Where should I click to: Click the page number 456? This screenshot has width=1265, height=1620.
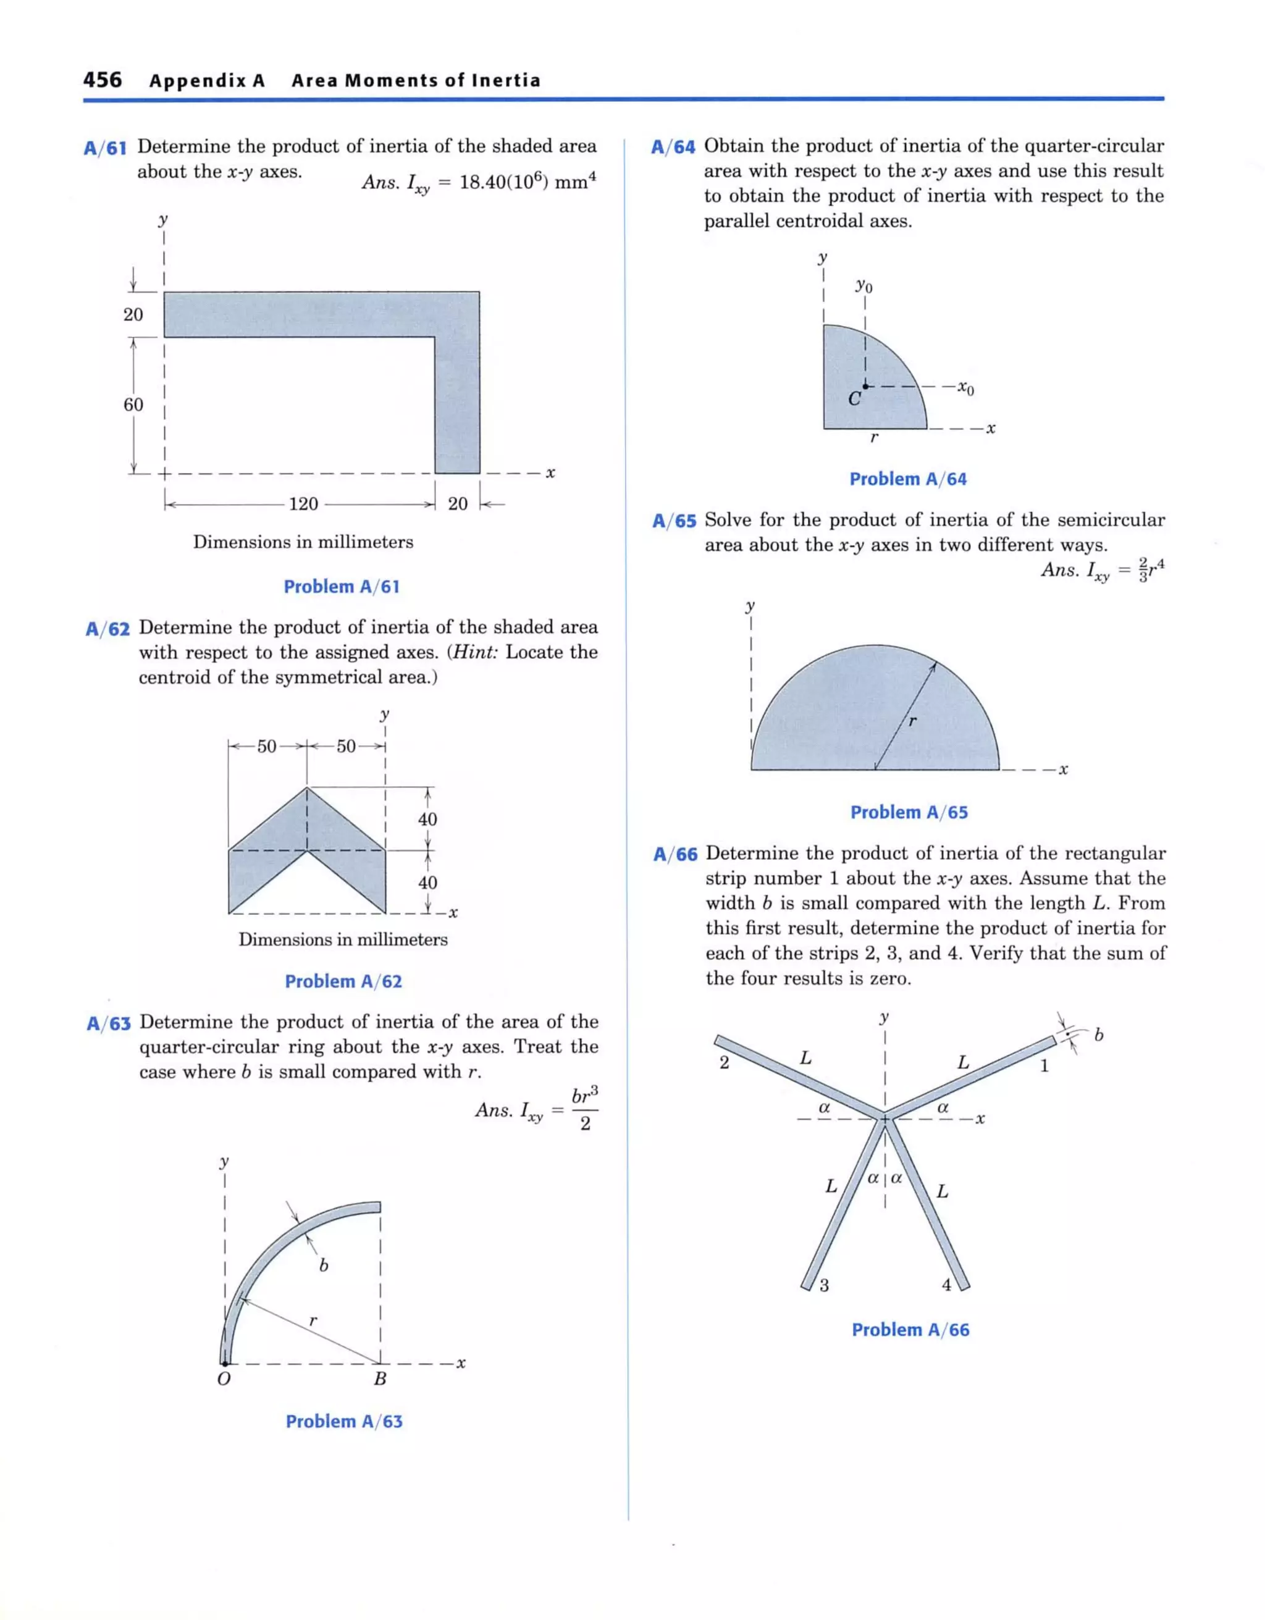(x=103, y=80)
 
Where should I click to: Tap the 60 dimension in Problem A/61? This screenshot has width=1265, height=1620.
(x=133, y=405)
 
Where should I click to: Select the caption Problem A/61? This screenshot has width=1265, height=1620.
(x=342, y=587)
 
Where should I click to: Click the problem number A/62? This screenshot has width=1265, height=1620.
(x=107, y=629)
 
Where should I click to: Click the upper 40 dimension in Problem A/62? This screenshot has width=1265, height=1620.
(x=427, y=819)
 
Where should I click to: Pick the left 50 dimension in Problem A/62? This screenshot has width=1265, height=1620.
(x=266, y=746)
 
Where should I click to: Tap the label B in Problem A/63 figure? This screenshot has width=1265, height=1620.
(x=380, y=1379)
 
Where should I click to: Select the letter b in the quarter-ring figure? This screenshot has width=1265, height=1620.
(x=324, y=1265)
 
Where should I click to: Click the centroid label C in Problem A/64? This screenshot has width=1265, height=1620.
(x=854, y=400)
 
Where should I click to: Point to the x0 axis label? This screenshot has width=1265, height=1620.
(x=965, y=388)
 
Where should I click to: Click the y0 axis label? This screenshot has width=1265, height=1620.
(x=864, y=285)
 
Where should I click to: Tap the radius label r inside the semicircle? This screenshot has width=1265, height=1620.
(x=912, y=720)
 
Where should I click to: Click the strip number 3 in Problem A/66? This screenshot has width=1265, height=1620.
(x=825, y=1285)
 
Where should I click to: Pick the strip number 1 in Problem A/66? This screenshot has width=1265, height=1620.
(x=1044, y=1067)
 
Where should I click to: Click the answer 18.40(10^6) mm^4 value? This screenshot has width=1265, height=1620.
(x=527, y=182)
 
